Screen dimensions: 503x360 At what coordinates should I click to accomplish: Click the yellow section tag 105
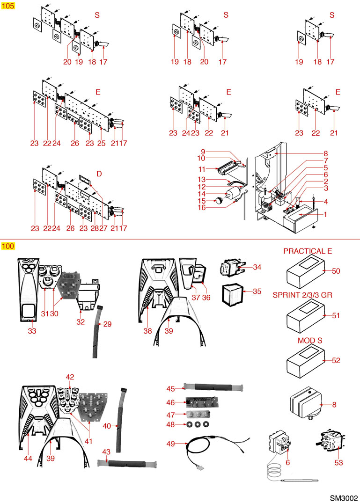8,6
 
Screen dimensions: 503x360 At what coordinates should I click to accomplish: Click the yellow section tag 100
8,246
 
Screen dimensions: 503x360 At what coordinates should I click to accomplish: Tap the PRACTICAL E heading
307,251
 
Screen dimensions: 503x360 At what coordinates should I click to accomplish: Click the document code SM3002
344,496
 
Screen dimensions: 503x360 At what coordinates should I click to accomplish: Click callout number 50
336,271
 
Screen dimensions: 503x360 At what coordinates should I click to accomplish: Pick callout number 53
338,463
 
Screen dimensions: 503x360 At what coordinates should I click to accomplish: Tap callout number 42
70,377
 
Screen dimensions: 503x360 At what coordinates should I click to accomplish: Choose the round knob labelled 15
219,201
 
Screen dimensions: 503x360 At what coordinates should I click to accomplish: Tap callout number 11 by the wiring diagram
202,168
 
